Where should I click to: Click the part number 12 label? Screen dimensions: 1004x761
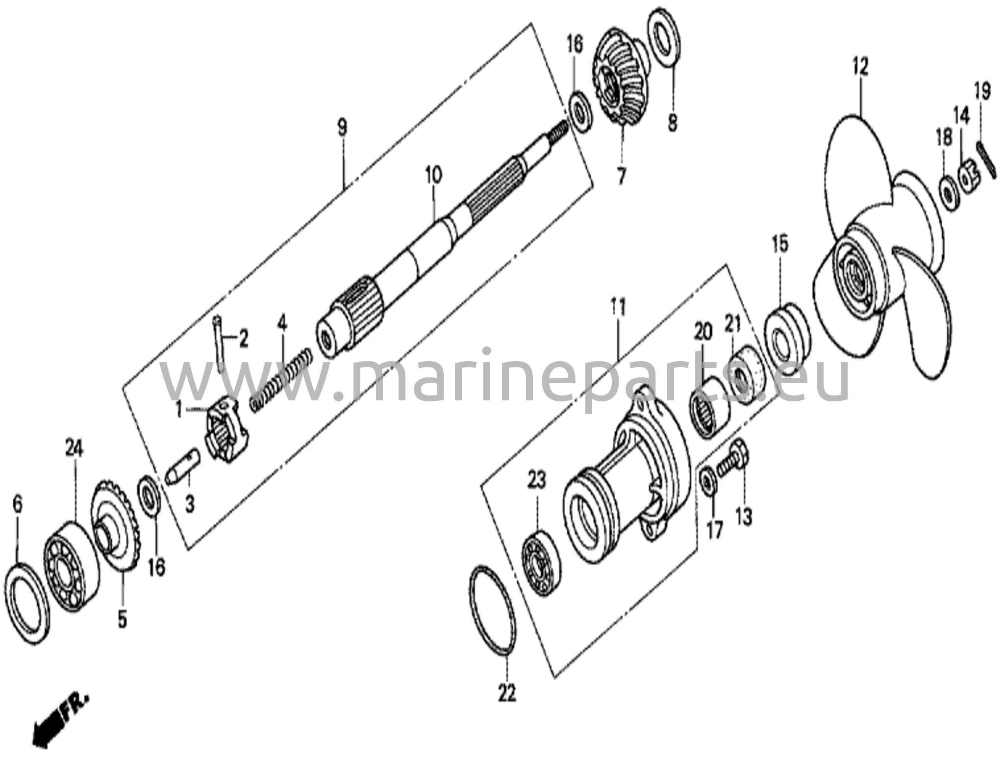coord(860,67)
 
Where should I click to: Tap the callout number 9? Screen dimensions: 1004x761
coord(342,128)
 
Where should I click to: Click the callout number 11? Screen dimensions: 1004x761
coord(618,309)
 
